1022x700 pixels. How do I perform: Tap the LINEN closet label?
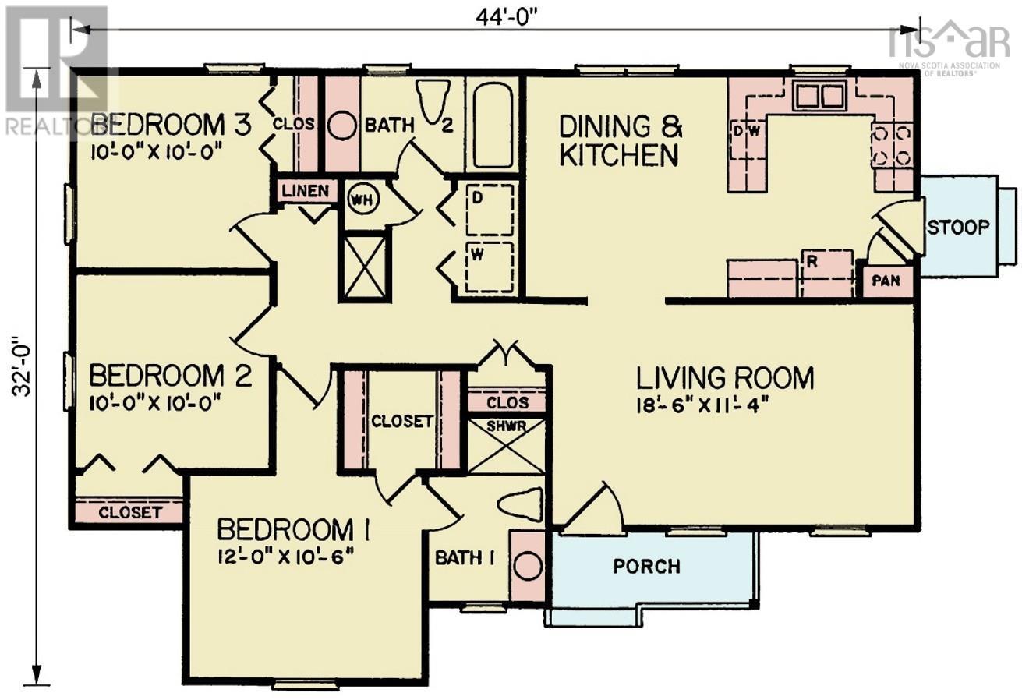[x=306, y=191]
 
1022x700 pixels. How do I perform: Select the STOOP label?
[x=957, y=227]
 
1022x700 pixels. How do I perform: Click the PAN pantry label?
[x=886, y=280]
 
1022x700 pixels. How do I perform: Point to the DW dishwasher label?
[x=747, y=131]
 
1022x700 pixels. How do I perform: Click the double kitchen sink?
[x=819, y=95]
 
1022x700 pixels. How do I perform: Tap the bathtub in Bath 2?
[x=493, y=125]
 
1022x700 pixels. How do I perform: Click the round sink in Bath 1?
[x=528, y=566]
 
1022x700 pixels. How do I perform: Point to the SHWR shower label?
[x=507, y=426]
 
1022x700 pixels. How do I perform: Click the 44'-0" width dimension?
[x=507, y=17]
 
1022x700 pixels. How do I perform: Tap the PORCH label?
[x=646, y=566]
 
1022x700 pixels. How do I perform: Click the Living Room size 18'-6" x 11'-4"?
[x=699, y=405]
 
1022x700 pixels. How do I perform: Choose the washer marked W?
[x=490, y=267]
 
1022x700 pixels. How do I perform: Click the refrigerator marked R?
[x=828, y=273]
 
